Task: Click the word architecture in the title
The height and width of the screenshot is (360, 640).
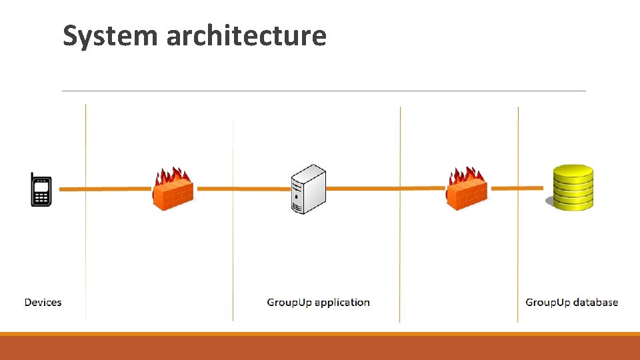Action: pos(247,36)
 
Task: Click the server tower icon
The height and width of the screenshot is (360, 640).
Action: pos(309,189)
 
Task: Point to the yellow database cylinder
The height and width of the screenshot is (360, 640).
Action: pos(572,188)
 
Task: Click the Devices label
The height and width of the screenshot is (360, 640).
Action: pos(43,303)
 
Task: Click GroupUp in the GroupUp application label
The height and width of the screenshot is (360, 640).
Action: pos(289,303)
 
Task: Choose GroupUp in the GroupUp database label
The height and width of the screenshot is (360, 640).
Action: pos(548,303)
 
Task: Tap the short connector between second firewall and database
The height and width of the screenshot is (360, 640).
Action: pos(516,188)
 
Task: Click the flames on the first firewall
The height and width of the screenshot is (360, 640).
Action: pos(173,177)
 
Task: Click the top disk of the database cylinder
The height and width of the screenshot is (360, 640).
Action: pos(573,170)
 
